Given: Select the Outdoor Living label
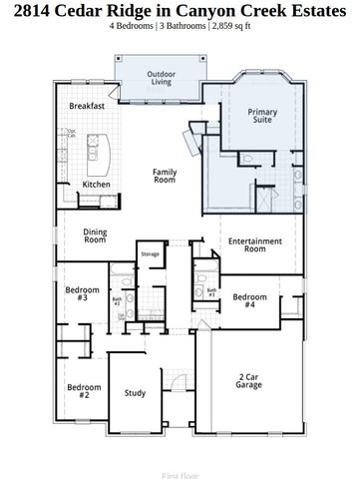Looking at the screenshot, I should [x=161, y=79].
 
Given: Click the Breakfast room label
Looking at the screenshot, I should [x=88, y=106].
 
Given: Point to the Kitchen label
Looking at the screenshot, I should [x=96, y=184].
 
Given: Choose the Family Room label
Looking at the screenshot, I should [x=165, y=176].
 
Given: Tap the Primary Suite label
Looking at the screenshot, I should [x=262, y=117].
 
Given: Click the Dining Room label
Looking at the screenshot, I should [x=95, y=236].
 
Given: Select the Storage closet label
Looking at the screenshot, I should [x=150, y=254].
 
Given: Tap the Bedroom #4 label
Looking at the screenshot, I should [x=250, y=300].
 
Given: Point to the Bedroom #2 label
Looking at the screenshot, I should [x=84, y=390].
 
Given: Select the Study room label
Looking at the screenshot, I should [x=135, y=392].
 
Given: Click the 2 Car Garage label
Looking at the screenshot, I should [x=250, y=382].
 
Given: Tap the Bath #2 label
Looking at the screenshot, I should [x=117, y=300].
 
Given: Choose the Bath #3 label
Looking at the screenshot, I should [x=211, y=292].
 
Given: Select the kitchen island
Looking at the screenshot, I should [x=96, y=150].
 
